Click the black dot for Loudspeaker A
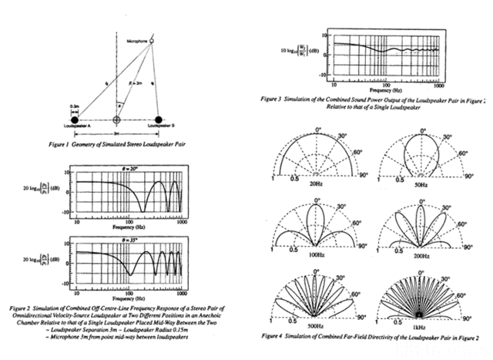tap(75, 119)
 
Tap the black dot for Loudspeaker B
tap(159, 119)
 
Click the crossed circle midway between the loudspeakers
tap(117, 119)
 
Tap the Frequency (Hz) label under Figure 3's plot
tap(377, 89)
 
